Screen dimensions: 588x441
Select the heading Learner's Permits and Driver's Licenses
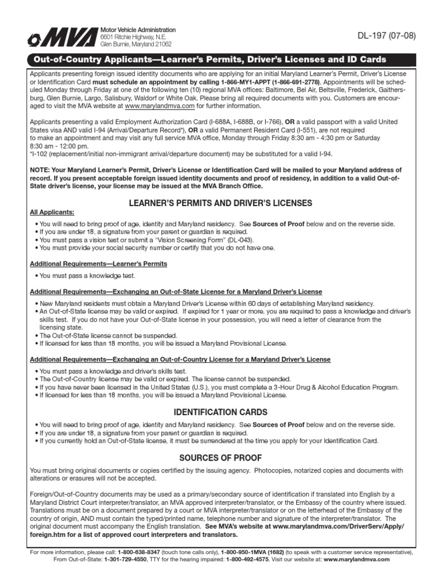click(220, 203)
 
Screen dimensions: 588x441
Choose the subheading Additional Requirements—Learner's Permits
click(98, 264)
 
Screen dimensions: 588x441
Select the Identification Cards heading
click(220, 412)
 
